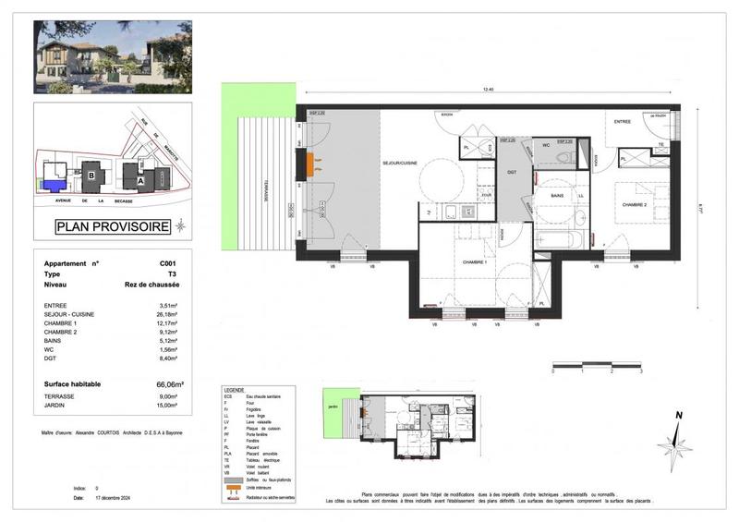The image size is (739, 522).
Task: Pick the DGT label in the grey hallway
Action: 512,173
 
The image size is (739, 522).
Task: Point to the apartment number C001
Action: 167,263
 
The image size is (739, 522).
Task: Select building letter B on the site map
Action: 91,170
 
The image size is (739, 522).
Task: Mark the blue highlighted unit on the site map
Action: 53,185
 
